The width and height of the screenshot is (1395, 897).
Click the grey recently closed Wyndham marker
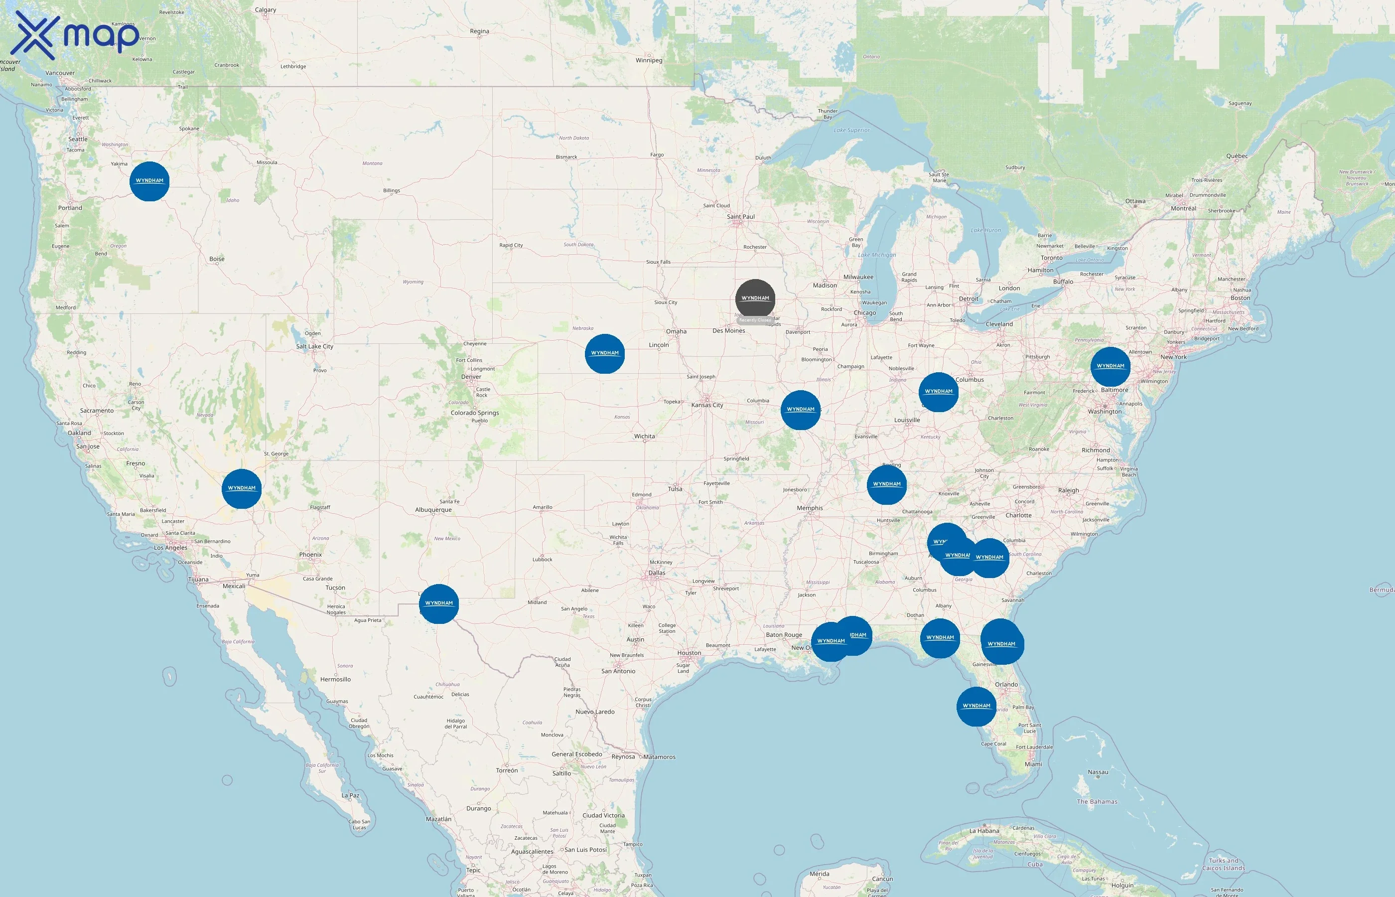point(755,299)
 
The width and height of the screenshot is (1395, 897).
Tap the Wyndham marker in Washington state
point(149,181)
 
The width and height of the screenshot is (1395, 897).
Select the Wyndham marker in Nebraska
point(605,353)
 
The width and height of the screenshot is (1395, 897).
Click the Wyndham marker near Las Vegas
point(242,489)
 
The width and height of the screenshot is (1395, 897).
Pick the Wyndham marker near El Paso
point(439,603)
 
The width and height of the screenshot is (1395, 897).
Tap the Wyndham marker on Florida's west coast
point(976,707)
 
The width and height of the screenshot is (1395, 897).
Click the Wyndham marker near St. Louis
point(801,410)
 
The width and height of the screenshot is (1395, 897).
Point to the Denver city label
point(471,377)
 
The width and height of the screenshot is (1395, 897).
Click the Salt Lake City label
point(314,346)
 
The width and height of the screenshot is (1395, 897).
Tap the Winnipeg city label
point(649,61)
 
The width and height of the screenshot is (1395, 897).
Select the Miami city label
point(1033,764)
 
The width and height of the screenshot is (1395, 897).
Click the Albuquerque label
point(433,510)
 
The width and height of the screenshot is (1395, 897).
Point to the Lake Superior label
point(851,131)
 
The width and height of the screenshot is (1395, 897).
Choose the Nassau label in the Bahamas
point(1098,772)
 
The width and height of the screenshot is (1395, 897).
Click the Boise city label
point(217,259)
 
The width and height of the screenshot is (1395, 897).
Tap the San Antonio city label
point(618,671)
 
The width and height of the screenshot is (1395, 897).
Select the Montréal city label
point(1183,208)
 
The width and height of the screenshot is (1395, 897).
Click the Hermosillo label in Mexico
point(335,679)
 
